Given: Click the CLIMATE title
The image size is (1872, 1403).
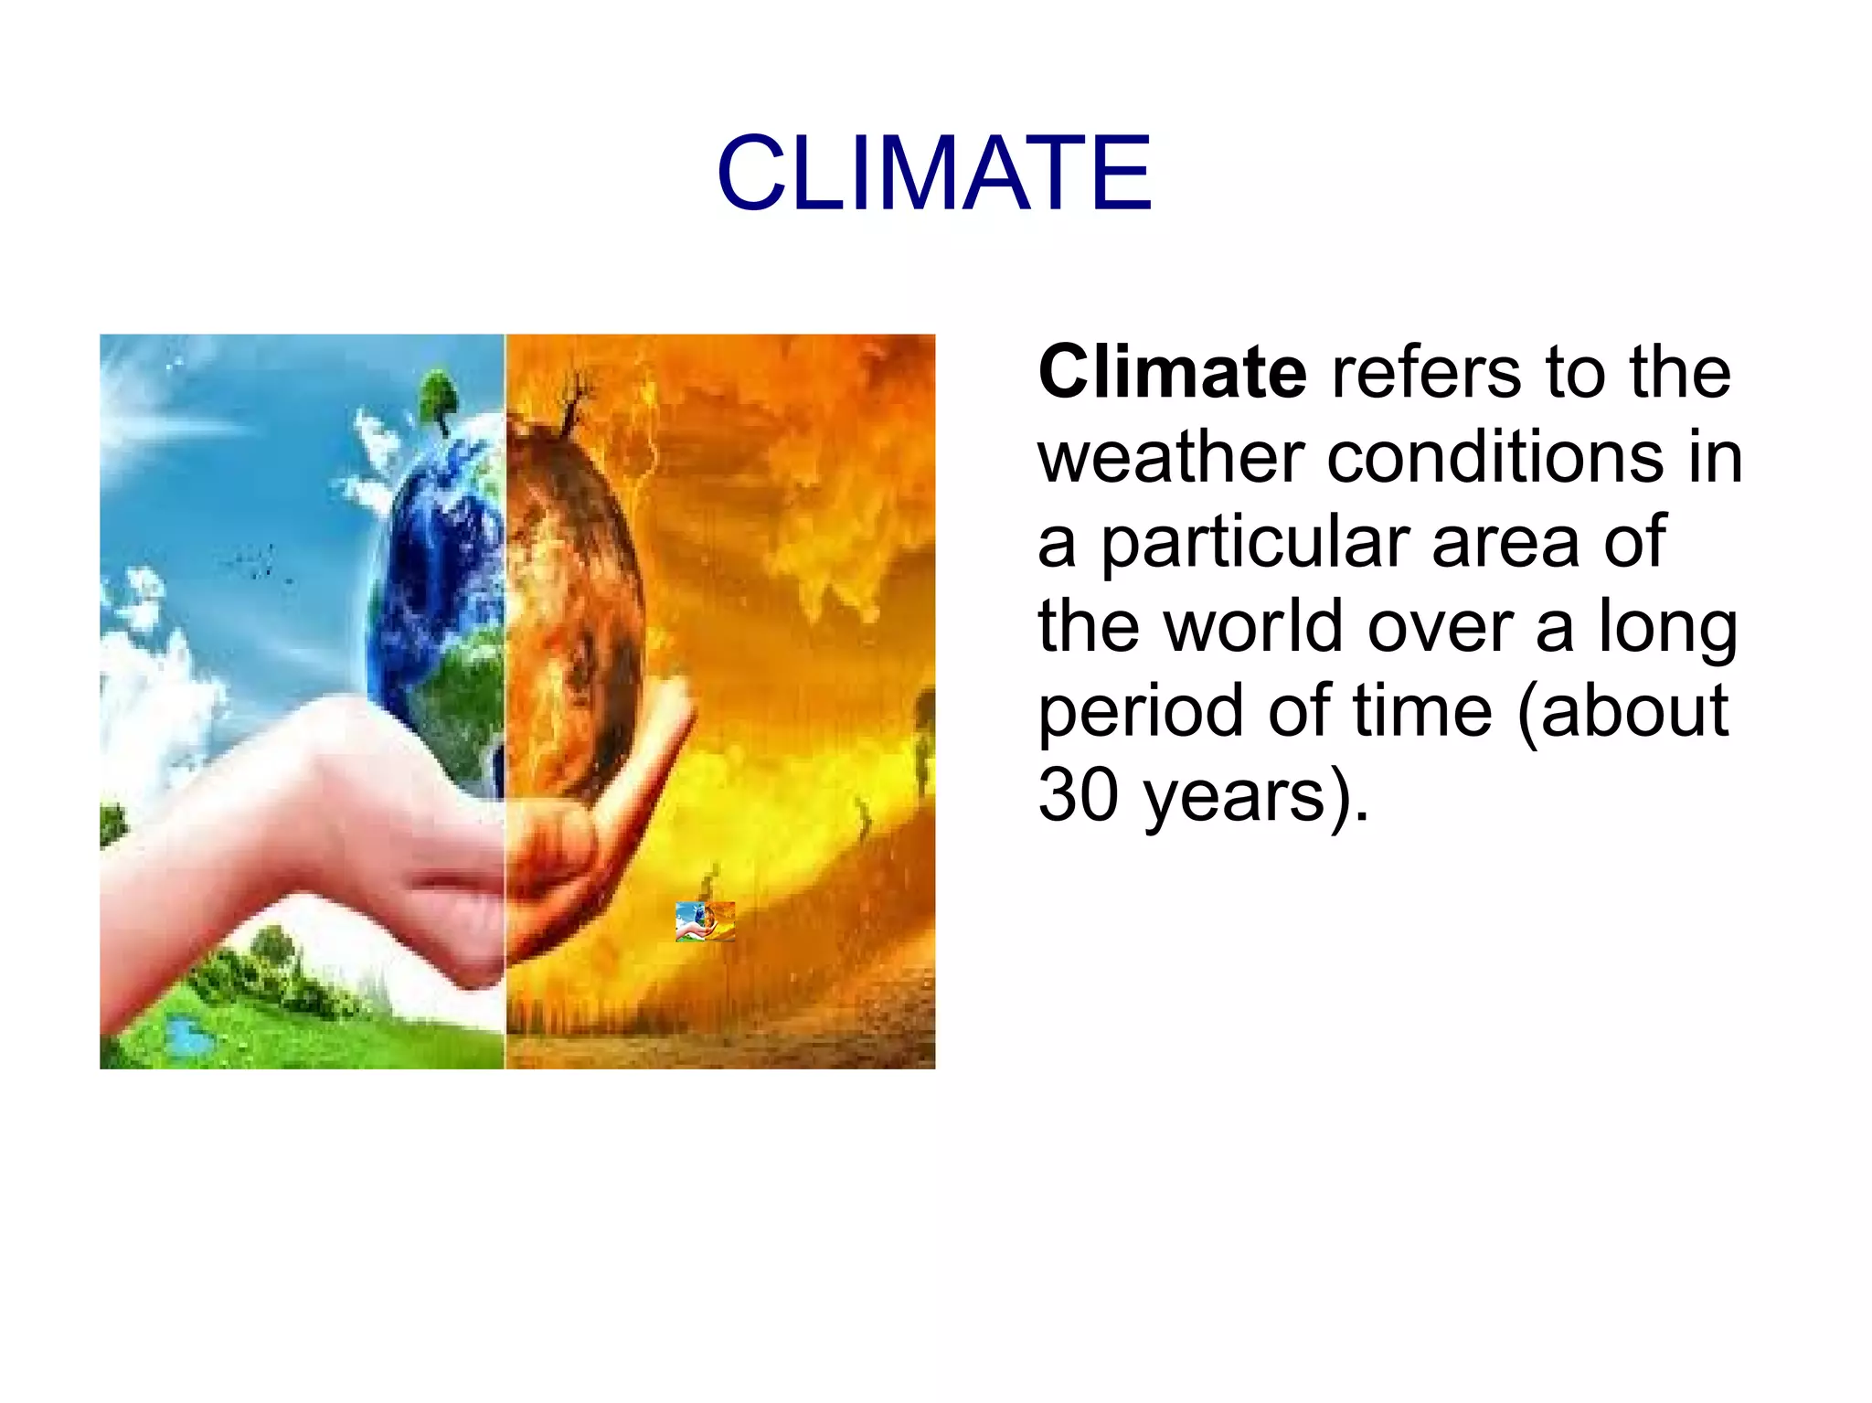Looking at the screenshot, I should click(934, 174).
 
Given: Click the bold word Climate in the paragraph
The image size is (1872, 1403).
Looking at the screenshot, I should click(1172, 373).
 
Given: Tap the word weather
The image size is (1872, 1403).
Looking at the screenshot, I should click(1171, 457).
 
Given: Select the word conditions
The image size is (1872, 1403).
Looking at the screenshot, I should click(1495, 457).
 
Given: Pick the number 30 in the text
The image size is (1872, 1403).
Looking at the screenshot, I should click(1079, 795).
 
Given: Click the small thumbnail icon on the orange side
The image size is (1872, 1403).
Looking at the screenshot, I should click(705, 921).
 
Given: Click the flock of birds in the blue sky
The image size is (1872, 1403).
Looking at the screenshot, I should click(256, 561).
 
